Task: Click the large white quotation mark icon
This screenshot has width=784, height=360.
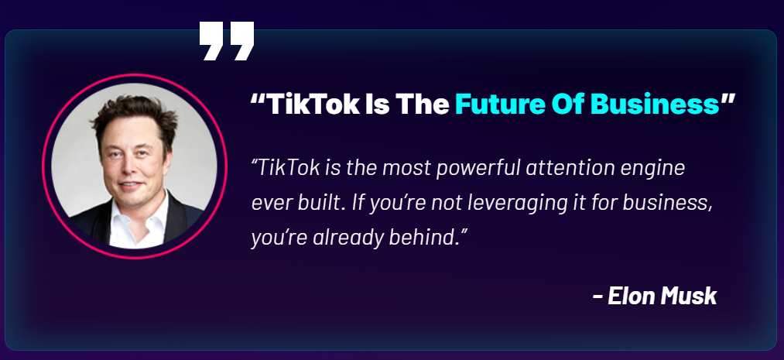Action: click(x=227, y=41)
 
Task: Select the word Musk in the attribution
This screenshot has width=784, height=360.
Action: click(x=689, y=296)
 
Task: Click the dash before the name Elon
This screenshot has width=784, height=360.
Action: click(x=597, y=297)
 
